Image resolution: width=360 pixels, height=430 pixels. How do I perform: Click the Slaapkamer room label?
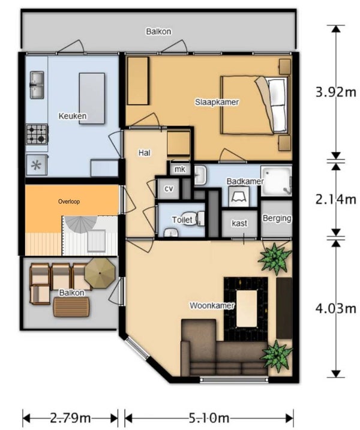[217, 102]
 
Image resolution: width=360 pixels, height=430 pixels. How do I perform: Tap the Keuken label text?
[73, 116]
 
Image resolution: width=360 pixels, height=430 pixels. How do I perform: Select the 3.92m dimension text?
[336, 92]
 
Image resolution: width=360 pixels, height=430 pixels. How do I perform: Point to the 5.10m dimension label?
[209, 418]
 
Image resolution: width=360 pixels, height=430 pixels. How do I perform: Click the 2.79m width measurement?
[70, 418]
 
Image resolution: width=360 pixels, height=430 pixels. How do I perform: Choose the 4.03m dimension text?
[336, 309]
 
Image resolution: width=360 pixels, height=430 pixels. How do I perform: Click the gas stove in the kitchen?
[37, 134]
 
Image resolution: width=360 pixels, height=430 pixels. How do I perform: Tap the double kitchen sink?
[37, 85]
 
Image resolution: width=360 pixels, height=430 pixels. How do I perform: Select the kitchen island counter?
[92, 98]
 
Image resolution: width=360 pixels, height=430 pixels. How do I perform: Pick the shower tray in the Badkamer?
[276, 181]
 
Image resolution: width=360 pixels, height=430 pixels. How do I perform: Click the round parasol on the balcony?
[100, 273]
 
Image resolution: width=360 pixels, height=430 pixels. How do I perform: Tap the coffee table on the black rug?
[247, 309]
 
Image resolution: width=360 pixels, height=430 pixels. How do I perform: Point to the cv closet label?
[169, 188]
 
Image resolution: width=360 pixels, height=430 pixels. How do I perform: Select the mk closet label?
[180, 169]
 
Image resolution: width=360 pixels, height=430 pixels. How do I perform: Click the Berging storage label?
[277, 218]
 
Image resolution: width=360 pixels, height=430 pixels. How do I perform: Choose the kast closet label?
[239, 223]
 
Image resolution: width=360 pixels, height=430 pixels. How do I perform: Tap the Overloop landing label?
[69, 202]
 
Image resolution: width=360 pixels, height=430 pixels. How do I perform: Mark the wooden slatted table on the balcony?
[71, 308]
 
